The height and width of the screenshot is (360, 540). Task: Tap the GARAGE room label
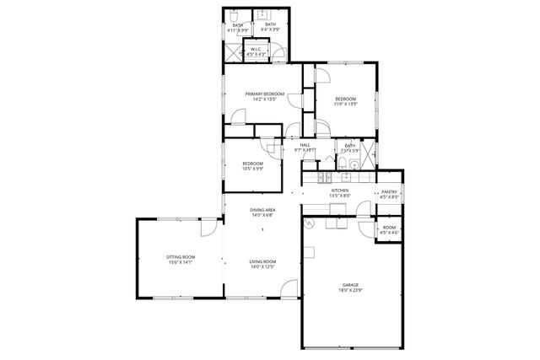[350, 285]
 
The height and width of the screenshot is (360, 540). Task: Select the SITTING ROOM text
[180, 256]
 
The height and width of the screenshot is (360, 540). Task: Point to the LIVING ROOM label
[262, 262]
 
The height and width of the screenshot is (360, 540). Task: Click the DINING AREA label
[262, 210]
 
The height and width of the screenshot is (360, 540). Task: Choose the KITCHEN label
[339, 191]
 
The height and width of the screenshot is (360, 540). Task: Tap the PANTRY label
[389, 191]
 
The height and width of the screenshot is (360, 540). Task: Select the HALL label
[305, 145]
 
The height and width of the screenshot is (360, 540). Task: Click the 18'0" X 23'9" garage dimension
[350, 290]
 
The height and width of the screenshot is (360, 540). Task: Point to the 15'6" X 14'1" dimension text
[180, 262]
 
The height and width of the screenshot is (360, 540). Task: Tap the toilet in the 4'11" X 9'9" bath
[234, 15]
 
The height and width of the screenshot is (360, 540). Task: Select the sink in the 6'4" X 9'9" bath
[262, 15]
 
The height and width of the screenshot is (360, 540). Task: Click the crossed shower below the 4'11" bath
[233, 52]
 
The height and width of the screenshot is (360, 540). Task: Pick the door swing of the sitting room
[206, 234]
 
